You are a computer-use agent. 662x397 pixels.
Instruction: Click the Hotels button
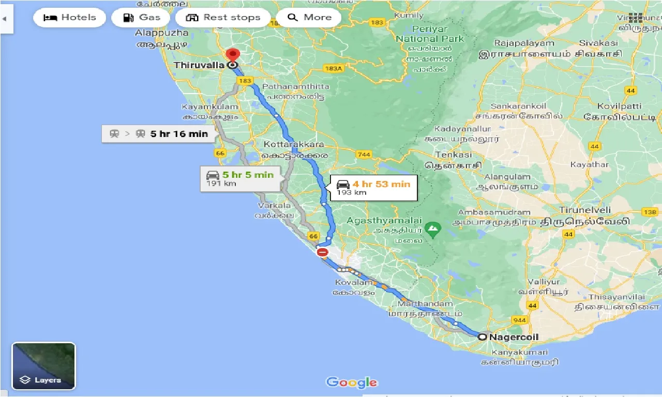pos(70,18)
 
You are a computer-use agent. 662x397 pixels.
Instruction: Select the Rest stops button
pos(223,18)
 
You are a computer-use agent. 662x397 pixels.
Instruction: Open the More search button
pos(309,18)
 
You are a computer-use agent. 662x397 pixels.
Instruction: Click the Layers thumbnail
pos(44,366)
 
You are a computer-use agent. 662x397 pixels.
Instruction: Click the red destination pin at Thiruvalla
pos(233,55)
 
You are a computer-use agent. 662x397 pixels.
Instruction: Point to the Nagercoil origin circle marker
pos(482,337)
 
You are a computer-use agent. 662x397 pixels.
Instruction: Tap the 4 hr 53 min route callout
pos(374,188)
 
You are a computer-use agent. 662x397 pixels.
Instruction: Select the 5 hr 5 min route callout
pos(241,178)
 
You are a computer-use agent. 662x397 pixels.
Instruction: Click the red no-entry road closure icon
pos(322,252)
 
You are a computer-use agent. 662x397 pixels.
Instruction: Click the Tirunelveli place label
pos(584,210)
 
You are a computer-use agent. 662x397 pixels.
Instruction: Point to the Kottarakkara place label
pos(293,144)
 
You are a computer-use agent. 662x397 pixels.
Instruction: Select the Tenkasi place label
pos(454,155)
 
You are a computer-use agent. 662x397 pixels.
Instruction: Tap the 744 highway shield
pos(364,155)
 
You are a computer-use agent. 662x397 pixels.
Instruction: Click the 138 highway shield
pos(650,212)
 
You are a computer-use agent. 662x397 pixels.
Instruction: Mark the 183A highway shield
pos(334,68)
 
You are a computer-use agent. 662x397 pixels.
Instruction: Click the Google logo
pos(352,383)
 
